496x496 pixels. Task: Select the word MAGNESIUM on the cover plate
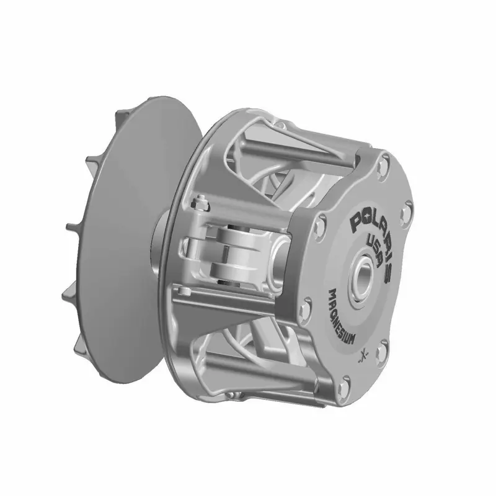(341, 316)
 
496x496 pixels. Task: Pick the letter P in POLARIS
(356, 221)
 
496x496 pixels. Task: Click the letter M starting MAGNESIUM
(333, 293)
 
